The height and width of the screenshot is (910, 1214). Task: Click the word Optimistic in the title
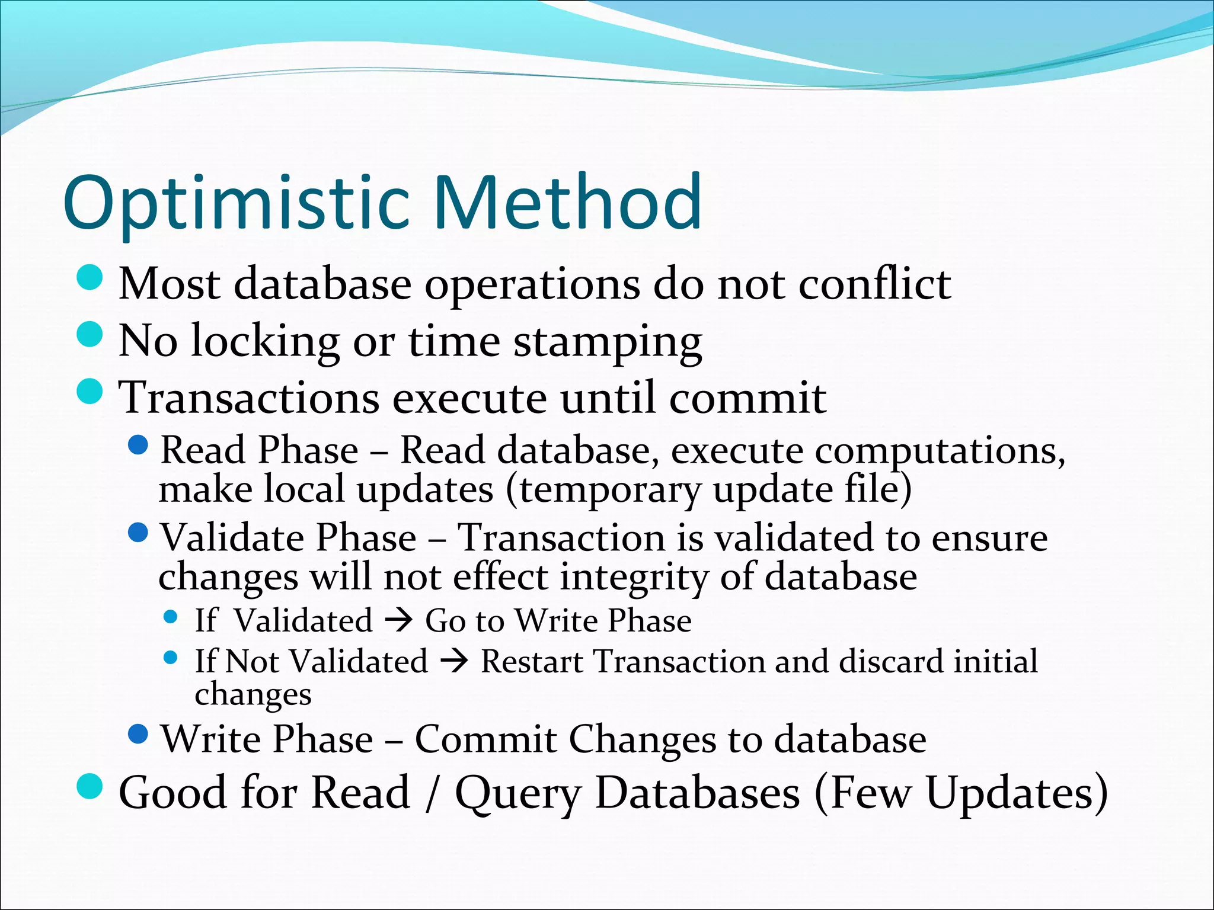tap(237, 203)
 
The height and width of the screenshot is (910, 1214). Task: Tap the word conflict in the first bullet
tap(874, 284)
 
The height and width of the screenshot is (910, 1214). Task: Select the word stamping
tap(608, 342)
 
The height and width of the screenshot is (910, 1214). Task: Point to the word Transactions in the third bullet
tap(249, 398)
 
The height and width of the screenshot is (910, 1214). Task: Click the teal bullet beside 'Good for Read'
tap(90, 786)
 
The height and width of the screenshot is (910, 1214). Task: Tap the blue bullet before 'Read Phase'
tap(138, 444)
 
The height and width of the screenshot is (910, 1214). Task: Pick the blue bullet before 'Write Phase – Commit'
tap(138, 734)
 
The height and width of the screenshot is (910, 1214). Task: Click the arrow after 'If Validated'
tap(398, 621)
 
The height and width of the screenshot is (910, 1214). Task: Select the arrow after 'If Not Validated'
tap(454, 661)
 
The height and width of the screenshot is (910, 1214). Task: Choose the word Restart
tap(531, 661)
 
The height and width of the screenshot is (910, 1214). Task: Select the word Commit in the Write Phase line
tap(485, 739)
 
